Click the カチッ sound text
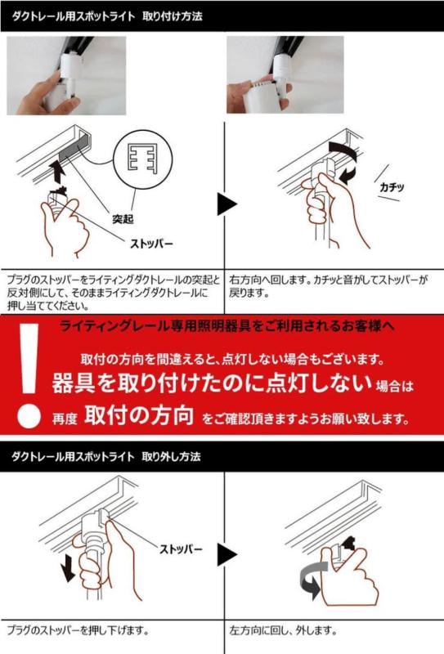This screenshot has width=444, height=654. coord(392,187)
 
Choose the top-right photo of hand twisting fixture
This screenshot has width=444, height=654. coord(285,75)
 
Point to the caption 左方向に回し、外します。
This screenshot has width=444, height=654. coord(283,631)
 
